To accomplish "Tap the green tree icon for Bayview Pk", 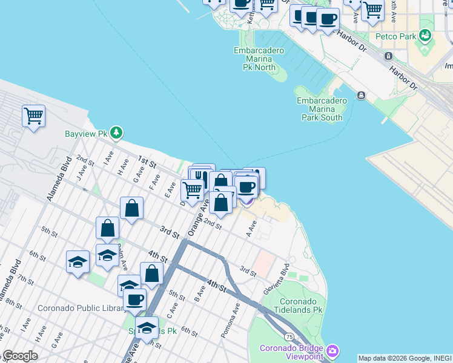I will tap(116, 132).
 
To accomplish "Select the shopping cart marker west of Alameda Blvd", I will tap(33, 115).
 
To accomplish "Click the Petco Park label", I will tap(395, 36).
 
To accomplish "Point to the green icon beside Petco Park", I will tap(426, 36).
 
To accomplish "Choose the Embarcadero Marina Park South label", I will tap(322, 109).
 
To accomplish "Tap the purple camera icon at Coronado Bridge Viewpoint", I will tap(332, 351).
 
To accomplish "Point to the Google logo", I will tap(19, 356).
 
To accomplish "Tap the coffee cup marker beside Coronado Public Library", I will tap(134, 299).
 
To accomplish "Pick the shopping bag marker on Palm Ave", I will tap(107, 229).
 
